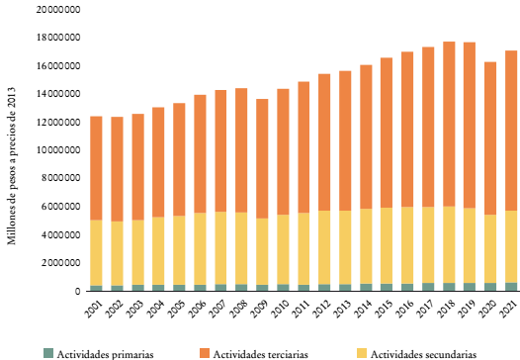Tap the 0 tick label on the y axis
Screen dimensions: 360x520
76,291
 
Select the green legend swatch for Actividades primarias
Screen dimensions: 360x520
47,352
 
